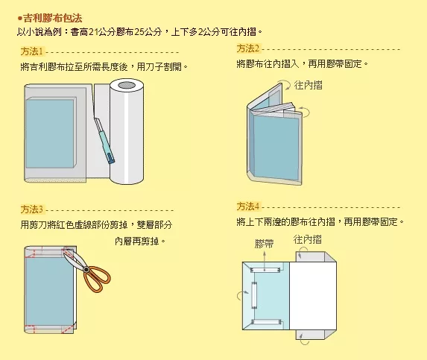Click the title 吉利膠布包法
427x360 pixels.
[x=53, y=18]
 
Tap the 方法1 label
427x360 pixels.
[x=32, y=51]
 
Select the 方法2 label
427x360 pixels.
[x=248, y=48]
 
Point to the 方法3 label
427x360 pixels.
[x=32, y=209]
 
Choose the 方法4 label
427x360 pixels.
[x=248, y=206]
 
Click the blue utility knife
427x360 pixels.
[x=105, y=141]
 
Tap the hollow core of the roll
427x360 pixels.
[x=127, y=85]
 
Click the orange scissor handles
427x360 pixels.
[x=97, y=279]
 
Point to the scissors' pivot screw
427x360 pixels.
[x=86, y=270]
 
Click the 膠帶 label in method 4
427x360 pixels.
[x=264, y=243]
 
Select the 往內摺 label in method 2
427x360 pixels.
[x=309, y=85]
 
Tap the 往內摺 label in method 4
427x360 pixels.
[x=308, y=239]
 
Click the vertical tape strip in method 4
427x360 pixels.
[x=254, y=295]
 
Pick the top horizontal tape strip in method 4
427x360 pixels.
[x=265, y=270]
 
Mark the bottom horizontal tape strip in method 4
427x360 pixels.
[x=265, y=322]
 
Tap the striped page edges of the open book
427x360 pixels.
[x=275, y=110]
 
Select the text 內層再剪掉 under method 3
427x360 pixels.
[x=136, y=241]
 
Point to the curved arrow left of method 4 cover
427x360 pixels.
[x=242, y=294]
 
